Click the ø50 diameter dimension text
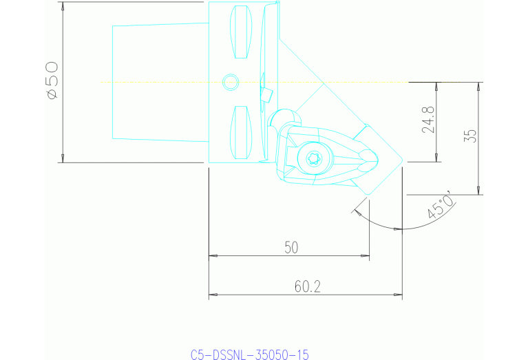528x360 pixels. click(x=52, y=81)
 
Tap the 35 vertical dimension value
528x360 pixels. click(x=471, y=135)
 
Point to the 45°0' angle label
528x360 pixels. click(x=441, y=205)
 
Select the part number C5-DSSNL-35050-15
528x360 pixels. click(x=250, y=354)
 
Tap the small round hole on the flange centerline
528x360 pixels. click(x=231, y=83)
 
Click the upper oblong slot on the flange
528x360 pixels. click(x=240, y=33)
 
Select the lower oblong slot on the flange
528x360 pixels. click(x=240, y=131)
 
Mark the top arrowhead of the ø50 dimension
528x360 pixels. click(x=63, y=6)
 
